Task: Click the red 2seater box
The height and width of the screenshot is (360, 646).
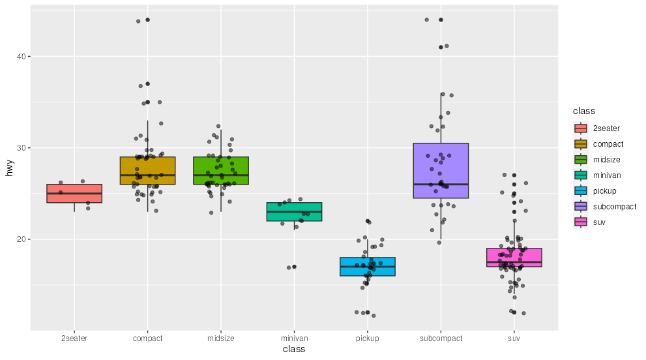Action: click(74, 194)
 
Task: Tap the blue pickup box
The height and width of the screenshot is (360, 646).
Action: click(368, 267)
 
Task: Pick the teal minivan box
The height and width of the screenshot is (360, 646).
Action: click(294, 212)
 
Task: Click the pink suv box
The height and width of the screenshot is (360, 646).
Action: click(514, 258)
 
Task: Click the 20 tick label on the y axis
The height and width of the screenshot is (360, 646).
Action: click(22, 239)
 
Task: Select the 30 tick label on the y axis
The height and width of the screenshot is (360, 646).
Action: click(22, 148)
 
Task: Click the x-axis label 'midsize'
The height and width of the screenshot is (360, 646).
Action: click(221, 338)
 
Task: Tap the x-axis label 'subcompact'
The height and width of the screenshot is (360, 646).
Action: click(441, 338)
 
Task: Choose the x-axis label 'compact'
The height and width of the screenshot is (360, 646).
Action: click(147, 338)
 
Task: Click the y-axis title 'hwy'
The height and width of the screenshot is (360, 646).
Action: click(10, 168)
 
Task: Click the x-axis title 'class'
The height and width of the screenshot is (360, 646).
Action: click(294, 350)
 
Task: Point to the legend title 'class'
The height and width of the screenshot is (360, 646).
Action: click(583, 112)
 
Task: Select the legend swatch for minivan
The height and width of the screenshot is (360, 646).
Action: click(581, 175)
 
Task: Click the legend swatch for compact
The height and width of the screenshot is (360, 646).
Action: click(581, 144)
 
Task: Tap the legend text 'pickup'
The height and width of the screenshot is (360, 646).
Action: click(605, 191)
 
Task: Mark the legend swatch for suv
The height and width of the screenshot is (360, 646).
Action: click(581, 222)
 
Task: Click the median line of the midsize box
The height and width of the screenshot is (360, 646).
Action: click(221, 175)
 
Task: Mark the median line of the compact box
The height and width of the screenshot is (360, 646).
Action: click(147, 175)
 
